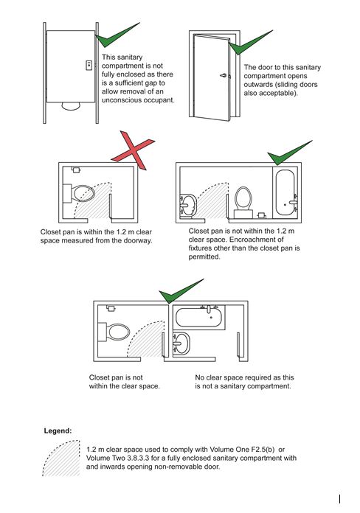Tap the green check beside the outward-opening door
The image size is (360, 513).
click(x=243, y=46)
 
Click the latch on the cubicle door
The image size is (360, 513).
click(x=89, y=65)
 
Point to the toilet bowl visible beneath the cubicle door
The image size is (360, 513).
click(x=70, y=105)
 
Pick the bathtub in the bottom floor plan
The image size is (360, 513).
click(x=200, y=318)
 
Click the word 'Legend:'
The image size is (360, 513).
click(x=58, y=429)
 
